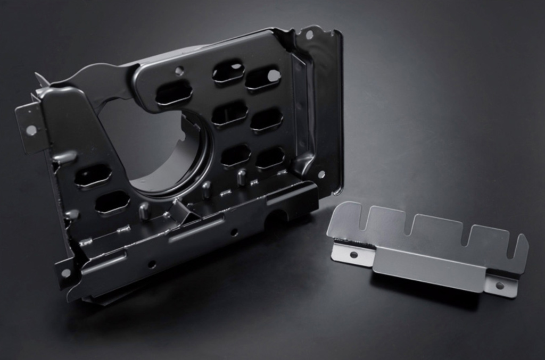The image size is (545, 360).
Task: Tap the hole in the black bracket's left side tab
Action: point(31,130)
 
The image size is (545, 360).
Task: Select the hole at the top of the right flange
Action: point(309,35)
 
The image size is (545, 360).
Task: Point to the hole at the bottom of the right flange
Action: point(321,174)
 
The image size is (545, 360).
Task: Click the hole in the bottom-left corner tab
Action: point(66,273)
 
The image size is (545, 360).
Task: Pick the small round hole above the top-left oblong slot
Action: point(179,70)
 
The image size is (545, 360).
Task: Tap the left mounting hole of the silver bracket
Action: point(353,254)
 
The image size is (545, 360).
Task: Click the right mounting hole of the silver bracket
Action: point(499,286)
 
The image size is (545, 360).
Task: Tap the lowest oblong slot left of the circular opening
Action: point(112,202)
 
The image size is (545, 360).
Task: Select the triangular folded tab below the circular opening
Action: point(182,211)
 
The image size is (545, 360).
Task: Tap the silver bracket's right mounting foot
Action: point(500,286)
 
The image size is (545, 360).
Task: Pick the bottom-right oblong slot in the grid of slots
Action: point(270,158)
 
